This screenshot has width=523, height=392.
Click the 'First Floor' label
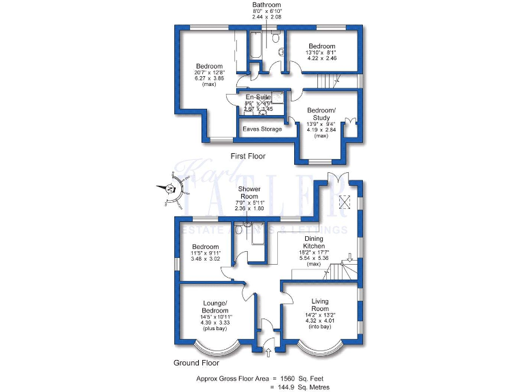pos(248,157)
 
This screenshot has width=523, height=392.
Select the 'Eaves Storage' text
pos(262,129)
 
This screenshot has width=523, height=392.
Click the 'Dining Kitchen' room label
pos(314,242)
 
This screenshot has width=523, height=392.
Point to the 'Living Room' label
pos(320,304)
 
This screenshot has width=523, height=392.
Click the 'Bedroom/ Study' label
pos(320,114)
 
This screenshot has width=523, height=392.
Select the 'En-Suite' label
pos(258,98)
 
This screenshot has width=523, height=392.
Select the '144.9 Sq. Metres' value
pos(301,387)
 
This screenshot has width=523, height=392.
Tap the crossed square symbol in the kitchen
pos(345,201)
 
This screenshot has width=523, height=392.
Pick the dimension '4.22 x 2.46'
pos(322,59)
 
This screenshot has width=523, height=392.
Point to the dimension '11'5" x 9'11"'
pos(205,253)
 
